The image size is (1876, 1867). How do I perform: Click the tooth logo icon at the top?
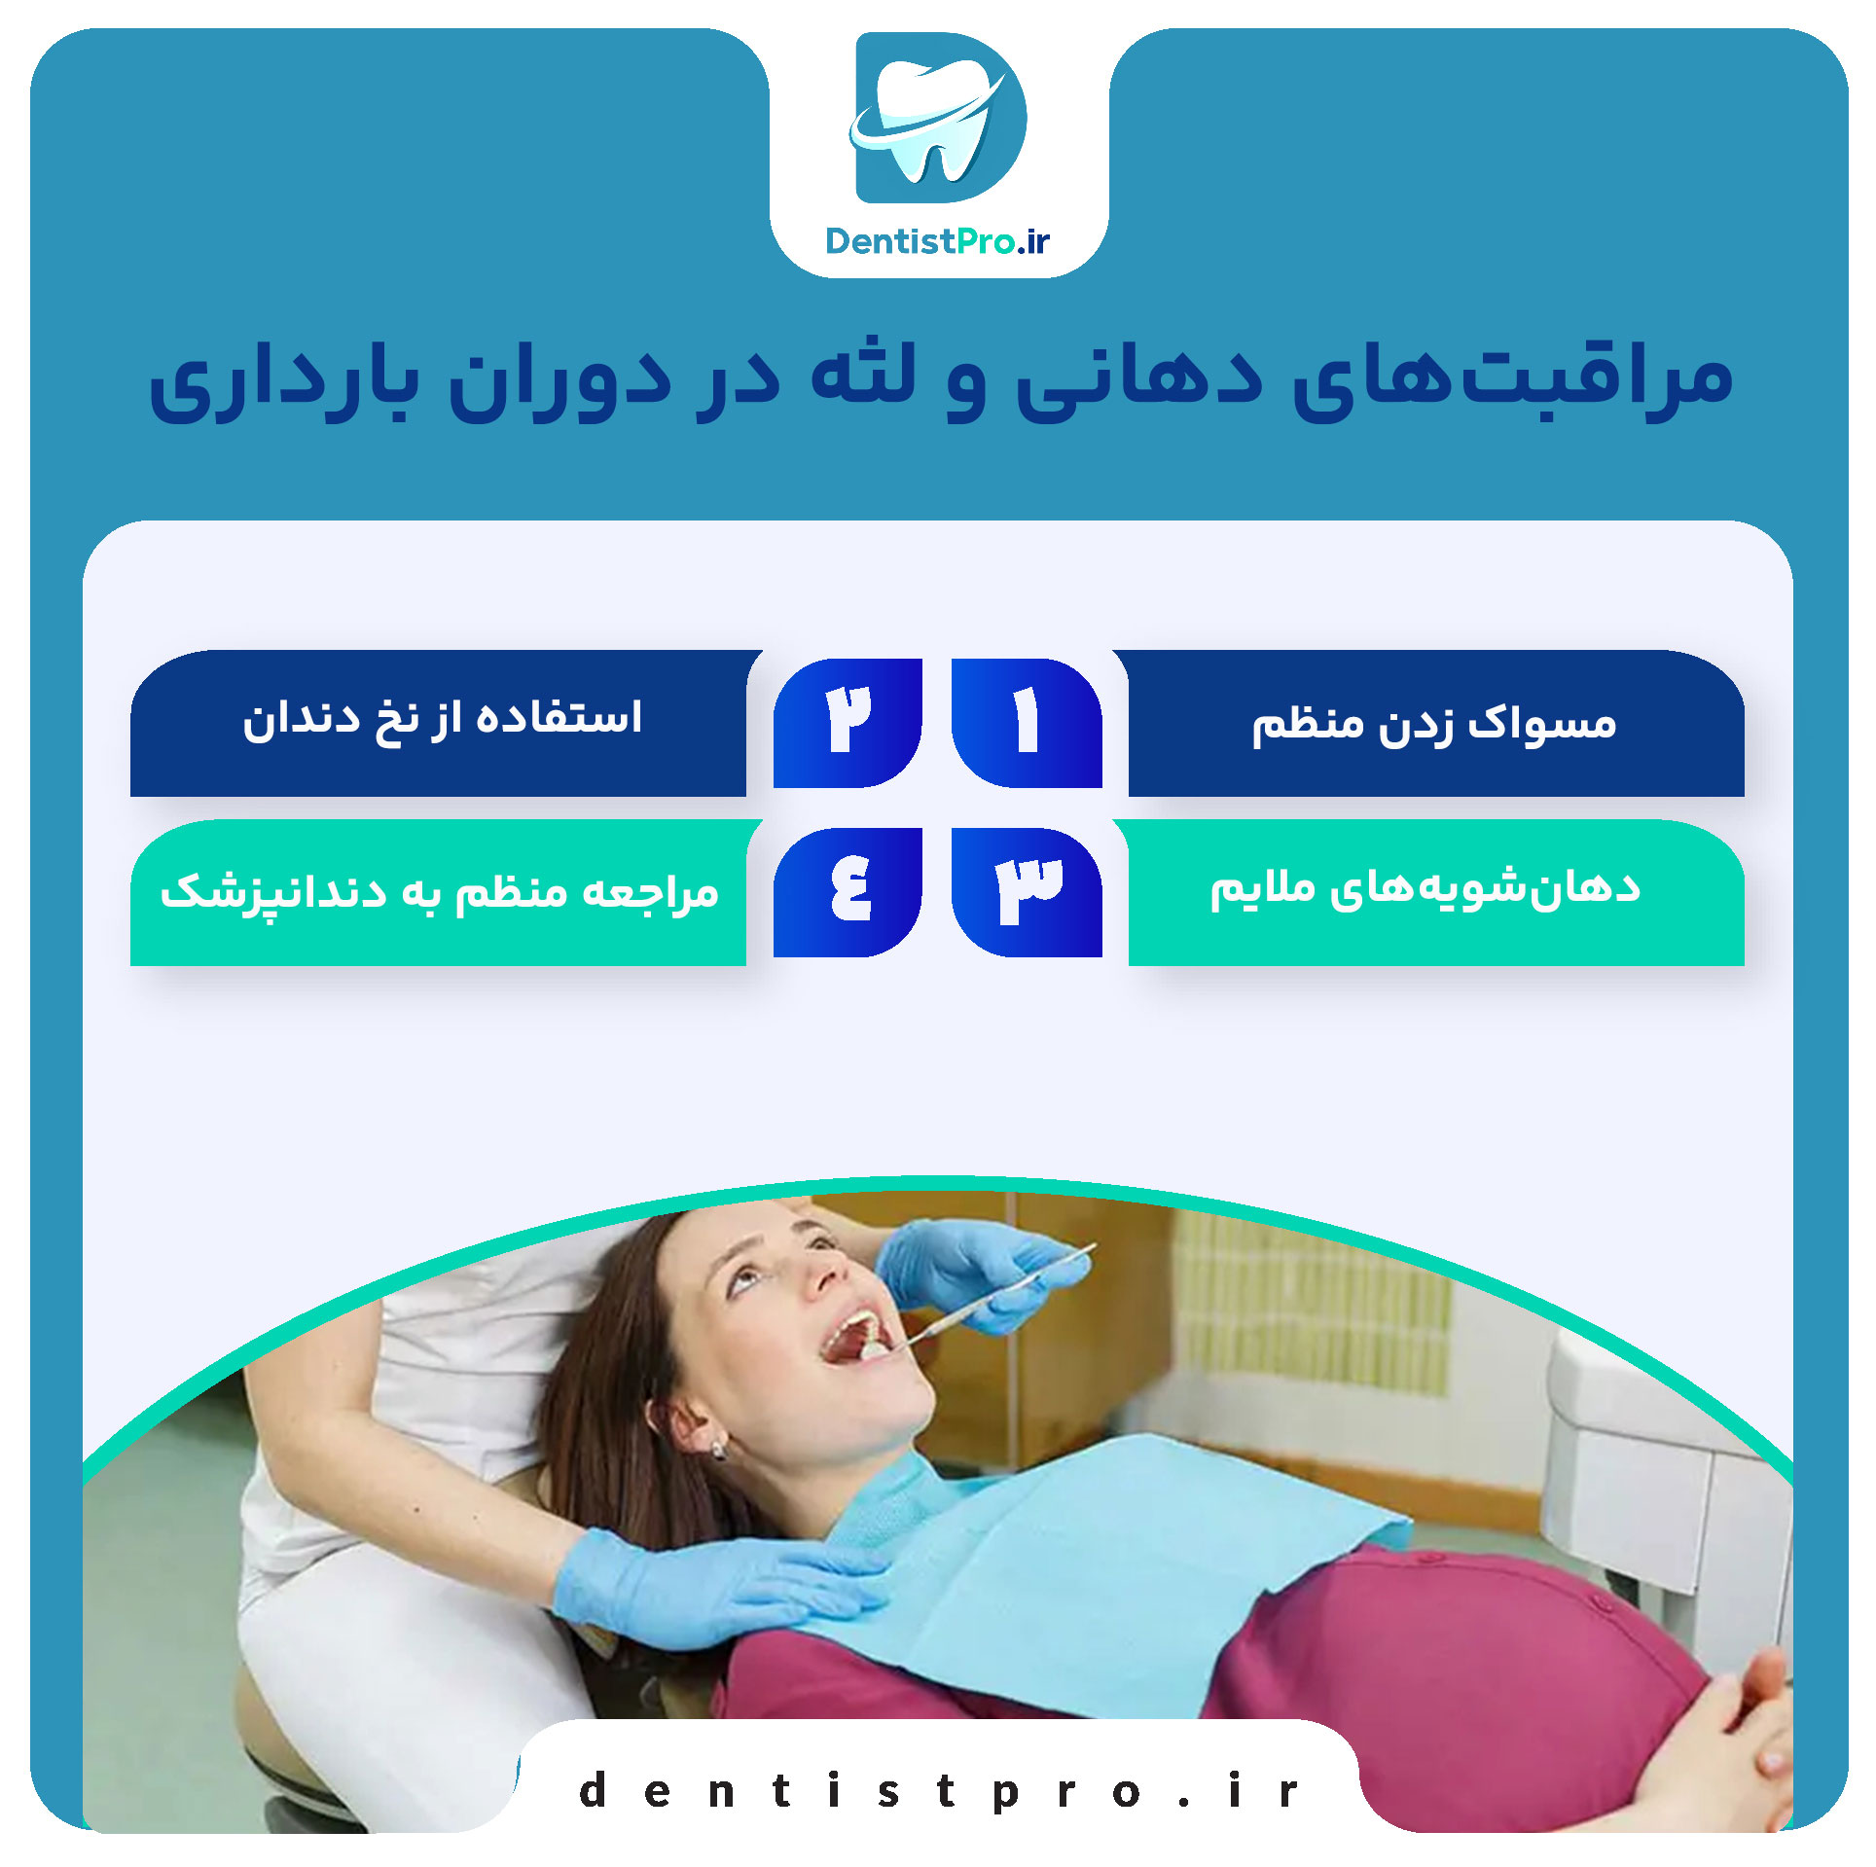click(938, 118)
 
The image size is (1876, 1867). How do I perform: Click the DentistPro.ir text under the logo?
click(937, 241)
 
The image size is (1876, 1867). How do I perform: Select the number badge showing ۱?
click(1027, 723)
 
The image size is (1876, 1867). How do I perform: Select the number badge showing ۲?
click(848, 723)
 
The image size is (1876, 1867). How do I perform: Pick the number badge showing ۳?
click(1027, 892)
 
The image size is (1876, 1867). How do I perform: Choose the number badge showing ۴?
click(848, 892)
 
